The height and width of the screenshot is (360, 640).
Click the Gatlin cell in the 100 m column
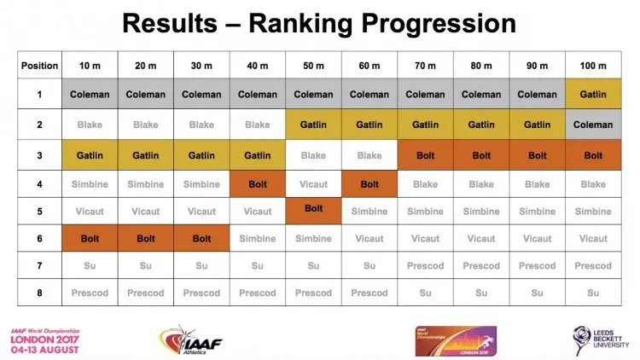point(593,95)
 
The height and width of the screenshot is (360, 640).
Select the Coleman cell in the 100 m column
point(593,125)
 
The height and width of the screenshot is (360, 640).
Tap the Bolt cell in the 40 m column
point(258,183)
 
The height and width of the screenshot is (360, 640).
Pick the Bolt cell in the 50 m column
point(313,209)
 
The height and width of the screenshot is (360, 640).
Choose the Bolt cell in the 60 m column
point(369,183)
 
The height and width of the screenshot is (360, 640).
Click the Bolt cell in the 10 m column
point(90,239)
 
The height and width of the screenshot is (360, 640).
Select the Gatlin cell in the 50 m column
point(313,125)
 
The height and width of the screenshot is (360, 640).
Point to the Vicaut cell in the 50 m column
point(313,183)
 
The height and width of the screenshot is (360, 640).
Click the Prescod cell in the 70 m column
point(425,265)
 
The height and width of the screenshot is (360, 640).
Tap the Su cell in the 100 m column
point(593,293)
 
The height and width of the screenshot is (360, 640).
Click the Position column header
point(39,66)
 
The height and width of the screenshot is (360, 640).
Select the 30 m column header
point(201,66)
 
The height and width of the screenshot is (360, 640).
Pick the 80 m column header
point(481,66)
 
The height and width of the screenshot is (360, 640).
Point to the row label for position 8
point(39,293)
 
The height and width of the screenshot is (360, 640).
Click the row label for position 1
point(39,95)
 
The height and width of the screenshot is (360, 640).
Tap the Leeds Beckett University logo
point(594,338)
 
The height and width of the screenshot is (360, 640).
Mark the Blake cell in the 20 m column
point(146,125)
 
